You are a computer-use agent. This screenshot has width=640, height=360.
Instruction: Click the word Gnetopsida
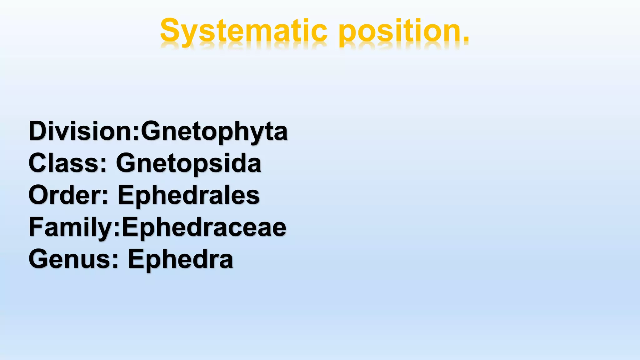coord(188,163)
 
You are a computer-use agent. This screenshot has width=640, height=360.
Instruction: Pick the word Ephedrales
coord(188,195)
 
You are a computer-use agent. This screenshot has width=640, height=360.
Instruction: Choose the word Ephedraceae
coord(204,227)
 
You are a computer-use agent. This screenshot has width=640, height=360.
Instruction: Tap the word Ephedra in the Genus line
coord(180,259)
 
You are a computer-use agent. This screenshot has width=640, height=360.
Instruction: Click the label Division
coord(80,131)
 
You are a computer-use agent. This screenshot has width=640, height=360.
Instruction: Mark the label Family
coord(70,227)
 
